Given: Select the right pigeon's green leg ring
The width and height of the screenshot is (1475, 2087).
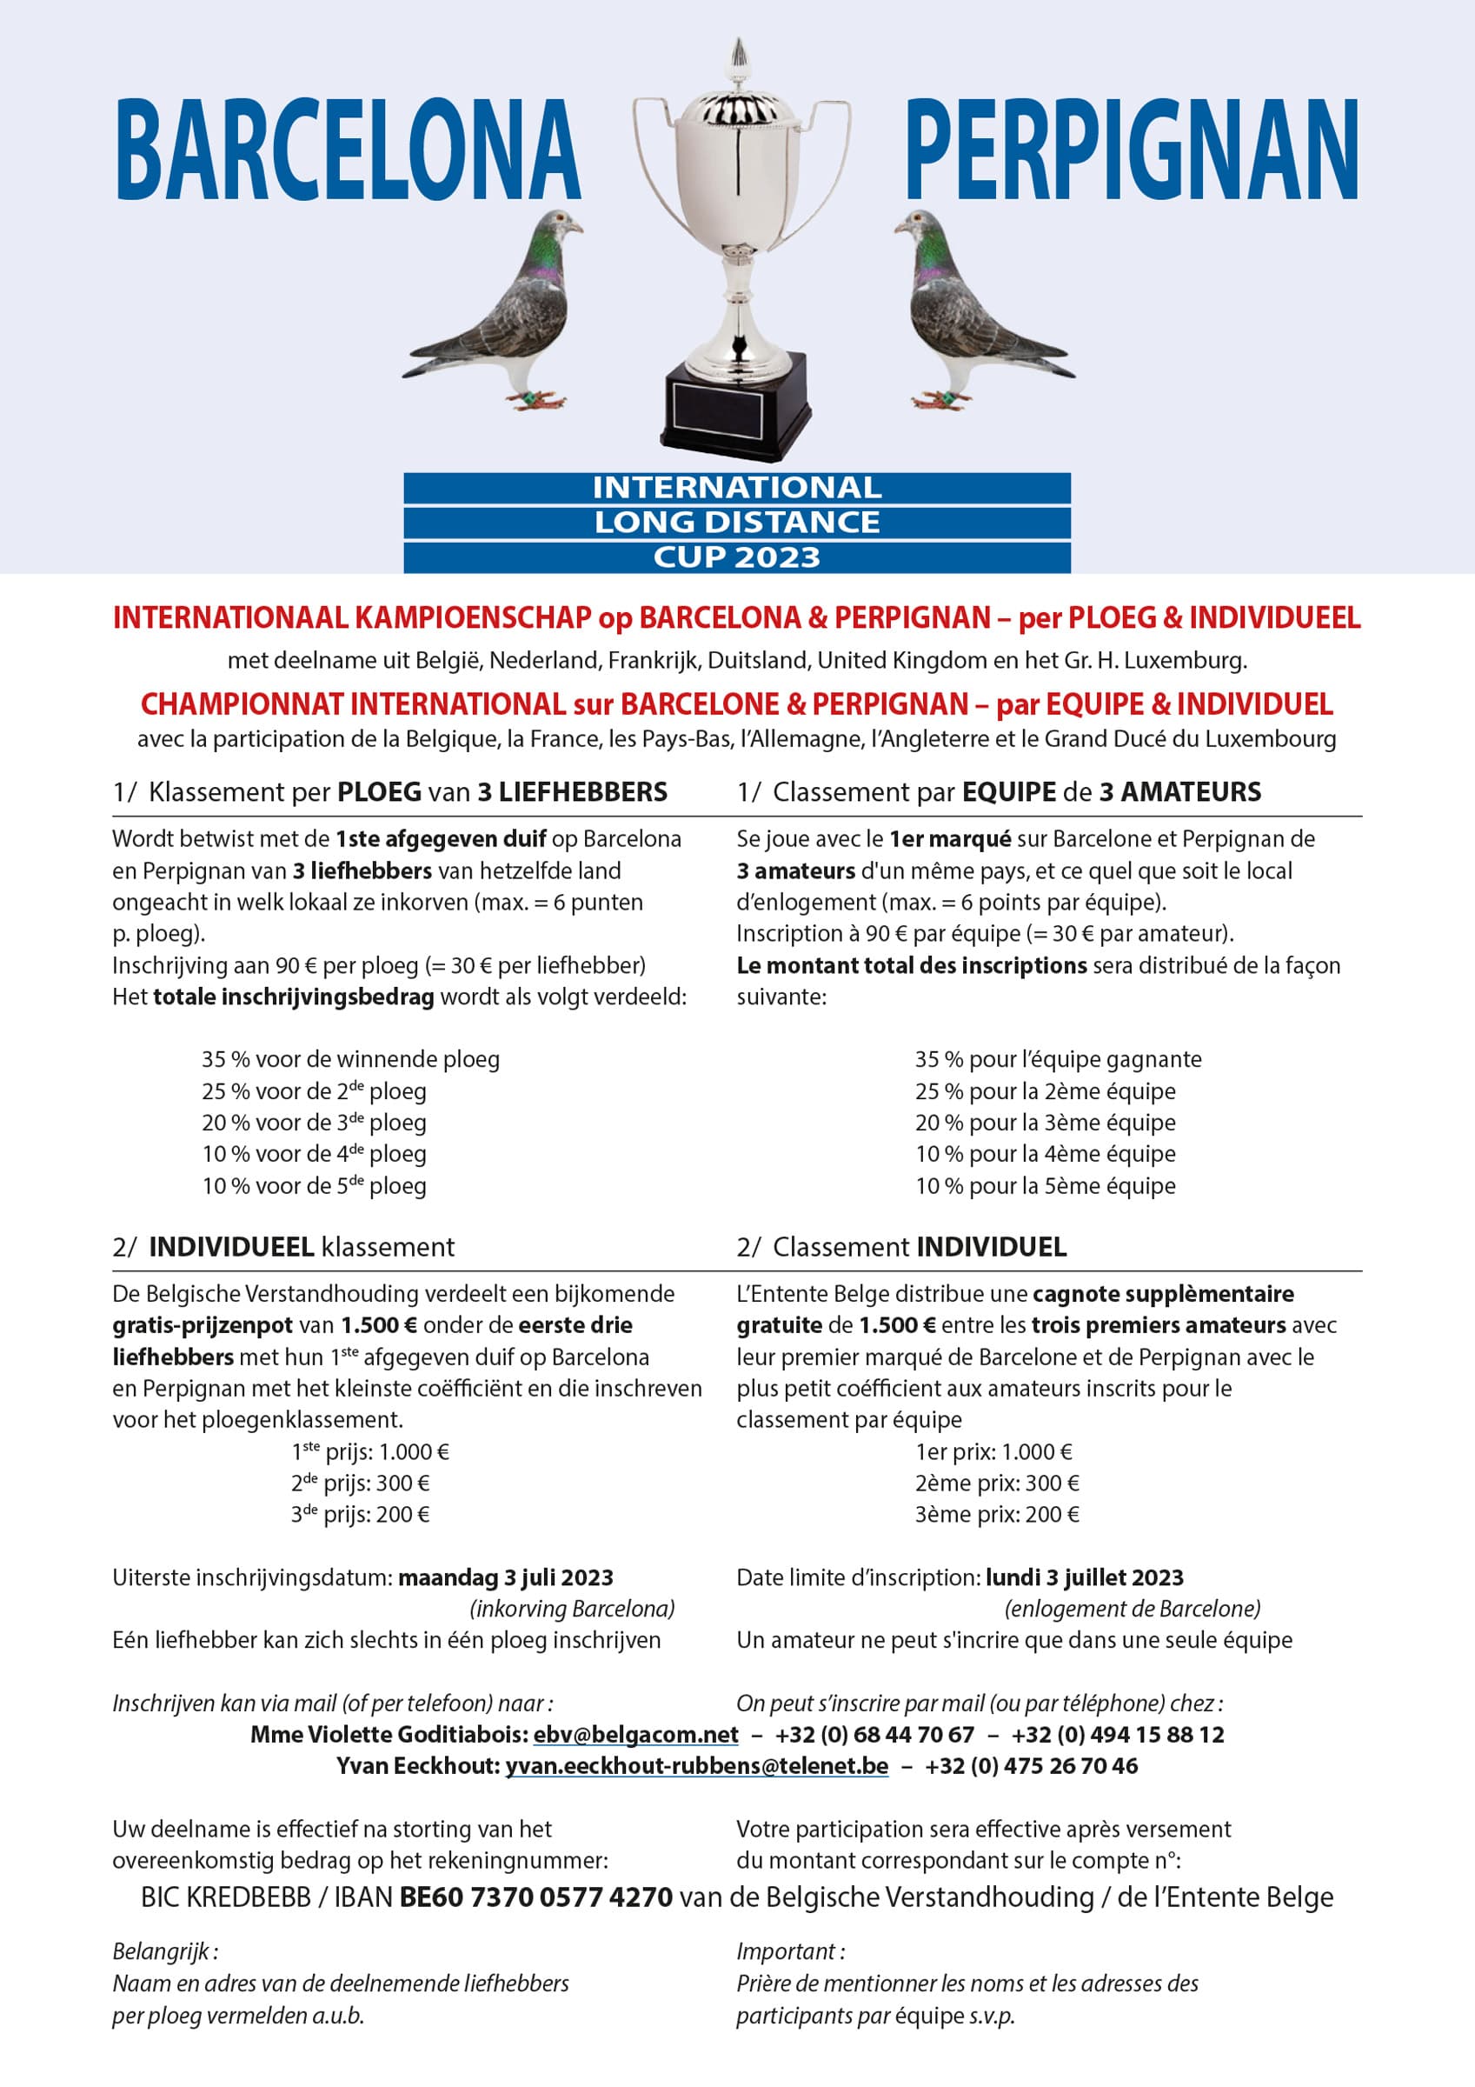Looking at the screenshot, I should pyautogui.click(x=946, y=397).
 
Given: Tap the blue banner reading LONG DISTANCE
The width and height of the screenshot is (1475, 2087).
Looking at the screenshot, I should pyautogui.click(x=737, y=523).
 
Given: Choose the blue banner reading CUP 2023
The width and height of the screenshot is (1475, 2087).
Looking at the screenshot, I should pyautogui.click(x=737, y=557).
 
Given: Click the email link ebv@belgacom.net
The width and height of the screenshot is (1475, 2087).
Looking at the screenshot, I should pyautogui.click(x=635, y=1734).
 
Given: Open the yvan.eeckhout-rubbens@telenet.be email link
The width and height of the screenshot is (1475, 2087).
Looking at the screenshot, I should pyautogui.click(x=696, y=1766).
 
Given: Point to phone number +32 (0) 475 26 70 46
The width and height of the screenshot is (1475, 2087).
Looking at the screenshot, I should pyautogui.click(x=1031, y=1766).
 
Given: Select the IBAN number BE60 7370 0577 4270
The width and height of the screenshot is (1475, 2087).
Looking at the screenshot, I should pyautogui.click(x=536, y=1897).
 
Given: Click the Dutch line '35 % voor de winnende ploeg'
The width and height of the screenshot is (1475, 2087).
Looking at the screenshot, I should pyautogui.click(x=351, y=1059).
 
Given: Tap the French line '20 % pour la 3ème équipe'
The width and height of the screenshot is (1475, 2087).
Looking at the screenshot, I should pyautogui.click(x=1045, y=1123).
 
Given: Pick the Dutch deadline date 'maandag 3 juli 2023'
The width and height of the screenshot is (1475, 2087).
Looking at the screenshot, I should pyautogui.click(x=505, y=1577).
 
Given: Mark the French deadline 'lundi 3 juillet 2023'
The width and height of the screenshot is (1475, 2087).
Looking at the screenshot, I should pyautogui.click(x=1084, y=1577).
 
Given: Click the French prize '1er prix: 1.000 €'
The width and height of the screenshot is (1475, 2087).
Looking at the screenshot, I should pyautogui.click(x=993, y=1451).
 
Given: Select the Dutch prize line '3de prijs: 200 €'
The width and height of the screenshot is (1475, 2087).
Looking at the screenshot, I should pyautogui.click(x=360, y=1514).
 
